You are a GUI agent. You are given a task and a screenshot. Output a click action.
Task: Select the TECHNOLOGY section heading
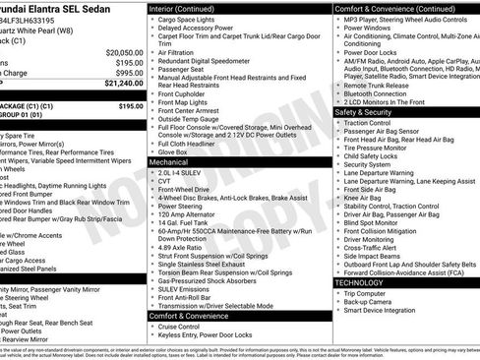359,282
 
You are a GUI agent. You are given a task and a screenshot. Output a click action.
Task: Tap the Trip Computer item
371,293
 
